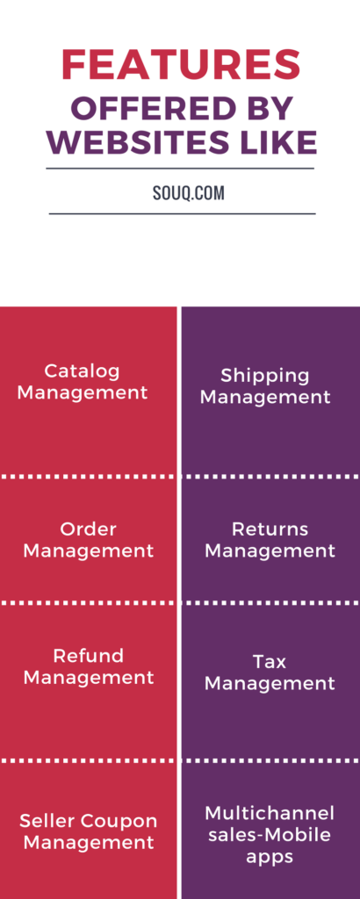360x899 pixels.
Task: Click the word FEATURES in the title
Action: click(x=181, y=64)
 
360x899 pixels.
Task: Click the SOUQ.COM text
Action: click(x=189, y=193)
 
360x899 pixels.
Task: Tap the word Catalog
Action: click(x=82, y=372)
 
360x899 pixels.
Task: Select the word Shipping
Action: click(x=265, y=377)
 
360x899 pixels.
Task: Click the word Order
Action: click(x=89, y=529)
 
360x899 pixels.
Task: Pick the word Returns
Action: click(x=270, y=529)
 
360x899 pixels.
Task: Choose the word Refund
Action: click(x=89, y=656)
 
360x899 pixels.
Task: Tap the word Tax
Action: click(x=270, y=662)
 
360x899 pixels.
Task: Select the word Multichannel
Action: click(x=270, y=813)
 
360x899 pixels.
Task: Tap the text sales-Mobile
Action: click(x=270, y=835)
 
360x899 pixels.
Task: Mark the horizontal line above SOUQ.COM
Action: click(x=180, y=169)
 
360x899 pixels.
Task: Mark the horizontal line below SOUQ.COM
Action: click(x=183, y=214)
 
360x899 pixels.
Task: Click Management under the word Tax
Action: click(x=270, y=684)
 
